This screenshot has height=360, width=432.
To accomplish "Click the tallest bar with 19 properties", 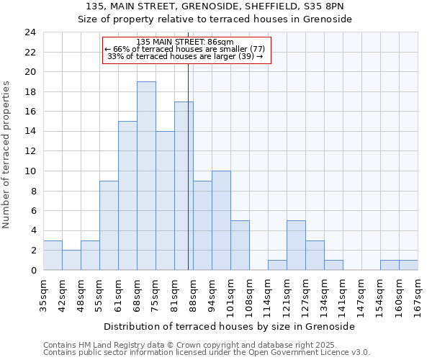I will [x=146, y=176].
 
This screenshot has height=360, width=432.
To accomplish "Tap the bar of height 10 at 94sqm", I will [x=221, y=220].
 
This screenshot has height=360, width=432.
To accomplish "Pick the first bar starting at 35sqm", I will [x=53, y=255].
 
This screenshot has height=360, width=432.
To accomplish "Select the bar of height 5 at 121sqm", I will [x=296, y=245].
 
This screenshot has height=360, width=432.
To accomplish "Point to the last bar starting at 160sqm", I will [x=408, y=265].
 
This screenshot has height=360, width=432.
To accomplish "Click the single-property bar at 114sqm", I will [x=277, y=265].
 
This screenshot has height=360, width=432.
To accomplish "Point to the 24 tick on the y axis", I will [x=30, y=32].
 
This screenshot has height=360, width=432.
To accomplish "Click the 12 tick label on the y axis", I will [x=30, y=151].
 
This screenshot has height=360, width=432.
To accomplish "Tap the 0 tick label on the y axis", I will [x=33, y=270].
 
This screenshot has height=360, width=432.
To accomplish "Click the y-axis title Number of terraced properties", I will [x=7, y=154].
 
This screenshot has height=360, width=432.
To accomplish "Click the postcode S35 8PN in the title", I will [x=323, y=6].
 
